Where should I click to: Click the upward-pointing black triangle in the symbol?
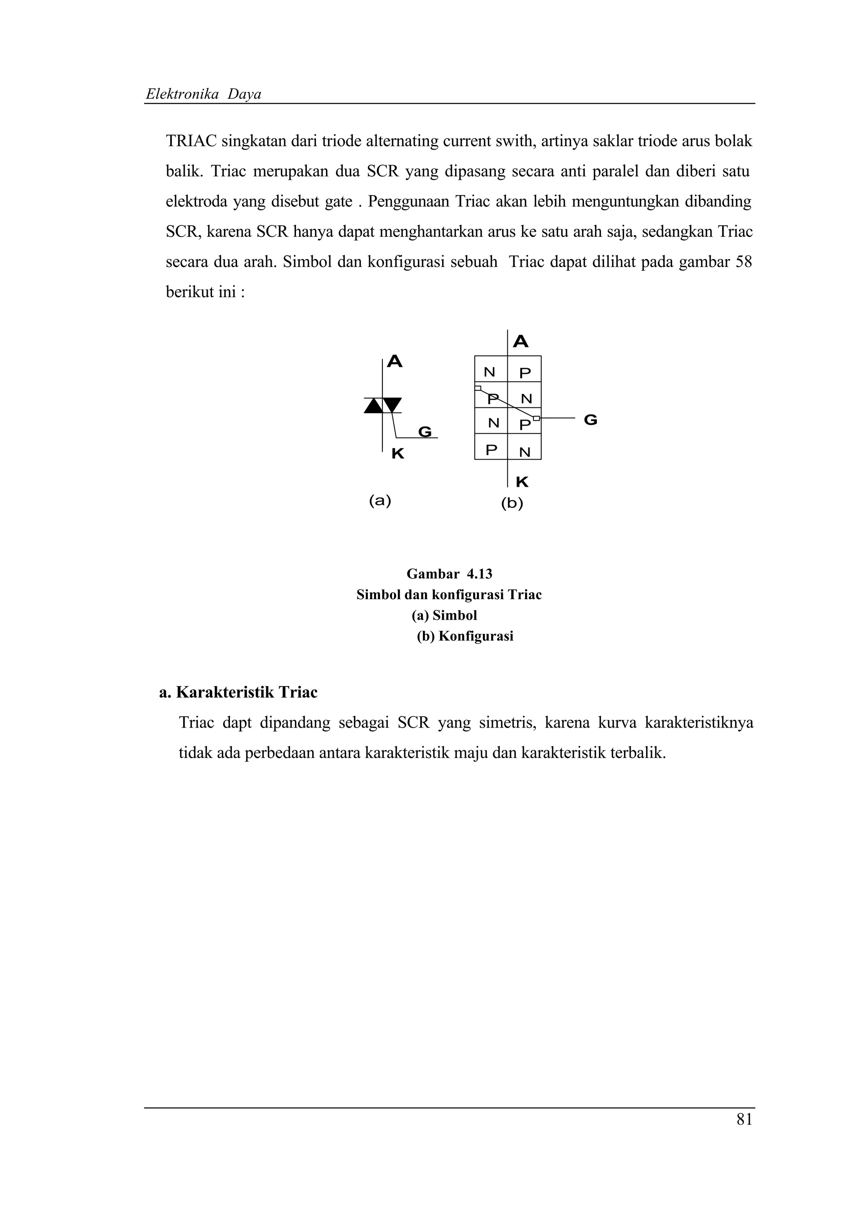point(373,406)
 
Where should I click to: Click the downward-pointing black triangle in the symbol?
point(392,405)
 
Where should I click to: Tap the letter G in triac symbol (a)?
point(425,432)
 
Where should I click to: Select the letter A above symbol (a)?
point(395,362)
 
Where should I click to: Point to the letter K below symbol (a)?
point(397,453)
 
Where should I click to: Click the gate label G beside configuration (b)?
point(591,420)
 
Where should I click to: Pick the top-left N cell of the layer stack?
point(490,372)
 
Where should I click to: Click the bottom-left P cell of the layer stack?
point(491,450)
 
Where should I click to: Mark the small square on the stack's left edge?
point(478,388)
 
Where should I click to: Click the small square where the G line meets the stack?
point(536,418)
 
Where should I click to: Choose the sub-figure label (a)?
point(380,501)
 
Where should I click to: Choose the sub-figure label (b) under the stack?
point(512,504)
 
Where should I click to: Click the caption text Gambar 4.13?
point(449,574)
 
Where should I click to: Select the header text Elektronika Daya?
point(204,94)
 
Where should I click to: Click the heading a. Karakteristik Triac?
point(238,692)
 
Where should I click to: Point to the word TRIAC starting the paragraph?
point(191,141)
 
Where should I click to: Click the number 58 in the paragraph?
point(743,262)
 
